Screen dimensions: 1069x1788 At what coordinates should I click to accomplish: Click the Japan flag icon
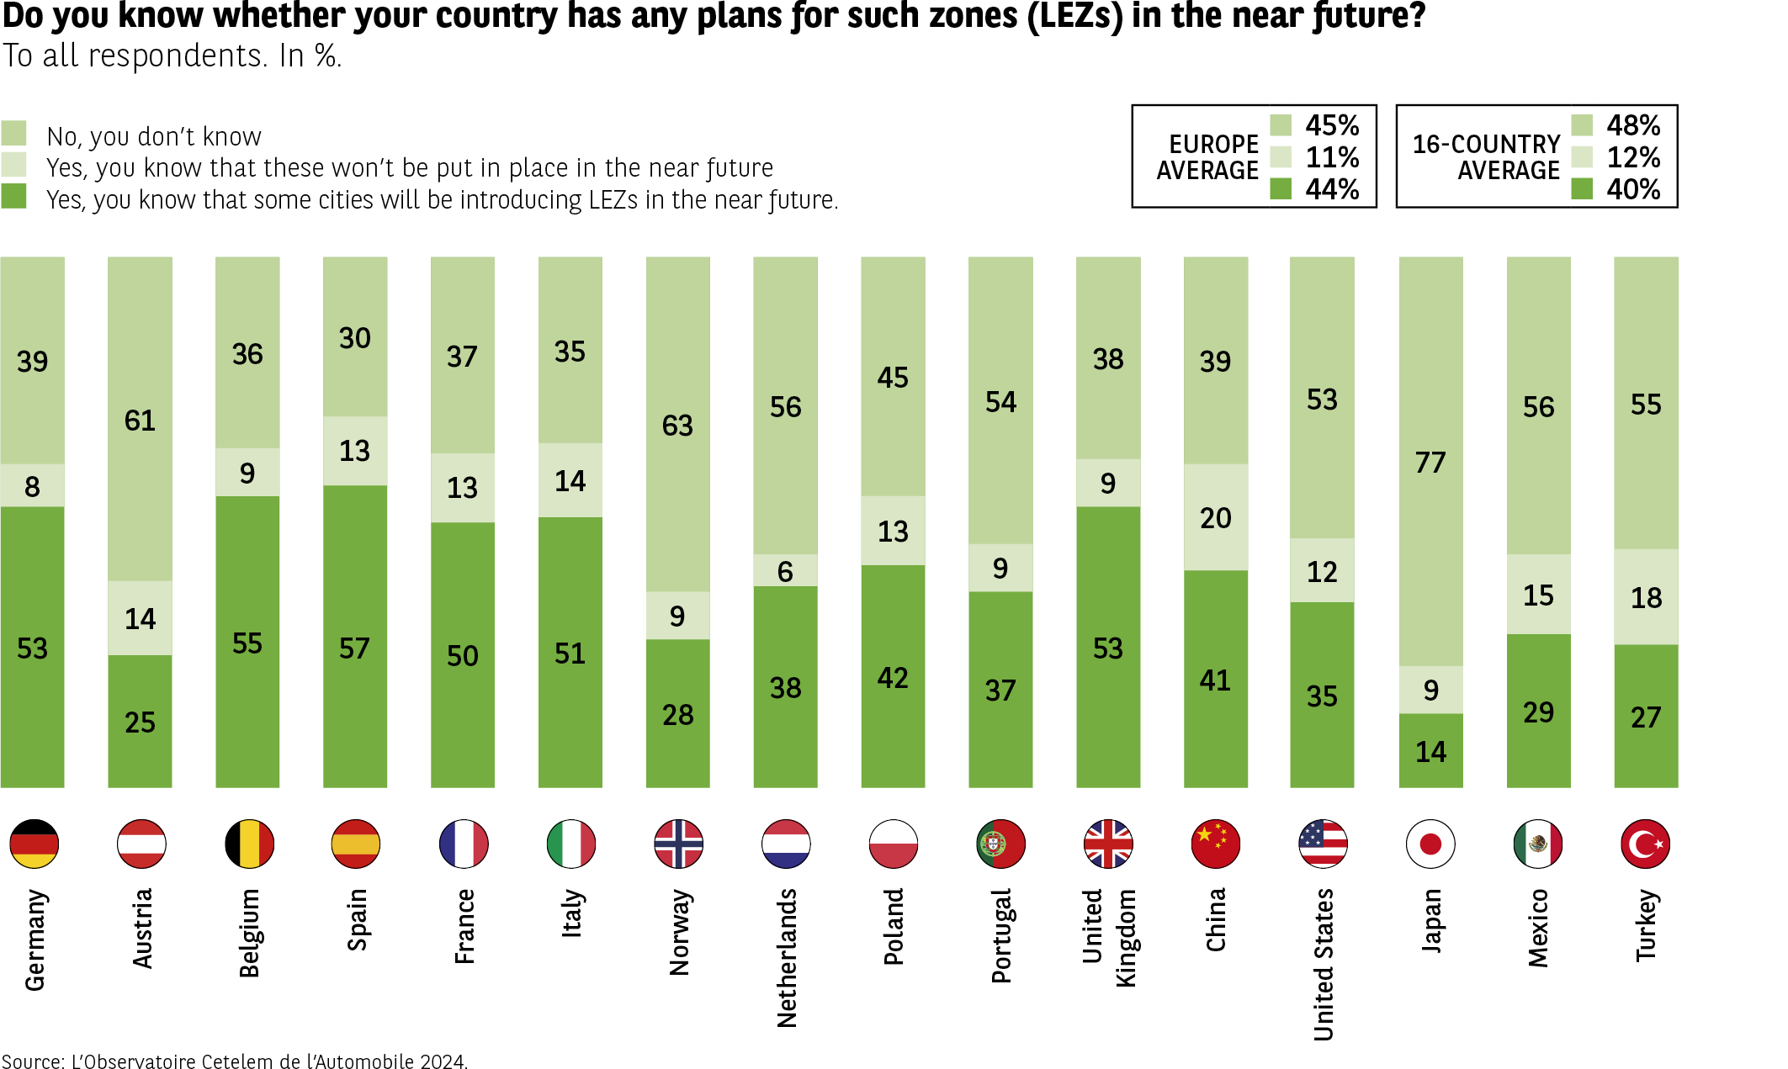[x=1430, y=844]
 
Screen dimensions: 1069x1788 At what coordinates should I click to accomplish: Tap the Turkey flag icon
[x=1645, y=844]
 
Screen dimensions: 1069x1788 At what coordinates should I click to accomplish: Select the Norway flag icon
[x=678, y=844]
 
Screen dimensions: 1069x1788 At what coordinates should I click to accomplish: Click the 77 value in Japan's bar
[x=1430, y=463]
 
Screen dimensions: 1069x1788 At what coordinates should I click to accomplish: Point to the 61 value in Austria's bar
[x=140, y=421]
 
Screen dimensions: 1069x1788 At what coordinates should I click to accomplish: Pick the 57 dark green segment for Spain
[x=355, y=637]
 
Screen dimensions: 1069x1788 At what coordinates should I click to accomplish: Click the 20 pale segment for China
[x=1216, y=517]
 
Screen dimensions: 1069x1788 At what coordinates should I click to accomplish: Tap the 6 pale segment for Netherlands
[x=785, y=571]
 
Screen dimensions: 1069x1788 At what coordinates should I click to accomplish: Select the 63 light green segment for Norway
[x=678, y=425]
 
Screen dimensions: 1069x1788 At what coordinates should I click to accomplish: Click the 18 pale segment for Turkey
[x=1646, y=597]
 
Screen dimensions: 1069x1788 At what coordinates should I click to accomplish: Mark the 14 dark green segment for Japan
[x=1430, y=751]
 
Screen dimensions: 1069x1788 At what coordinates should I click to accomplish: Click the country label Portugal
[x=1001, y=935]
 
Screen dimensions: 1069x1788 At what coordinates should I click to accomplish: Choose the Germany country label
[x=34, y=939]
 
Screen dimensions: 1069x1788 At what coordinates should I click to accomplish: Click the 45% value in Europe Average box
[x=1332, y=125]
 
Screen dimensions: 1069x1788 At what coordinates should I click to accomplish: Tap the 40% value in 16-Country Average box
[x=1633, y=189]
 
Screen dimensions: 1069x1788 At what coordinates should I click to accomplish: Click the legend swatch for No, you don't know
[x=13, y=133]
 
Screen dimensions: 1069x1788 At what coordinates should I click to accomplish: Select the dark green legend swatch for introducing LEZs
[x=13, y=197]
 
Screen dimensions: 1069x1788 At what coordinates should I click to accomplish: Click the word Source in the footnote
[x=32, y=1061]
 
